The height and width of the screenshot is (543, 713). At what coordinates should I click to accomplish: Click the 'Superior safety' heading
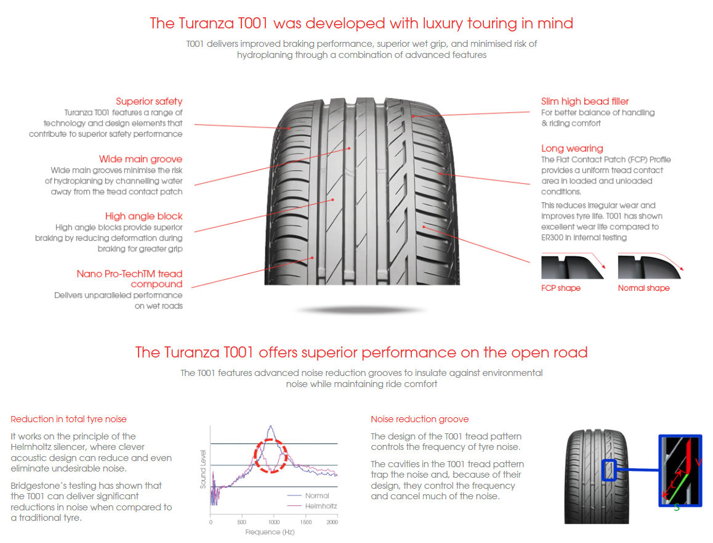pyautogui.click(x=149, y=102)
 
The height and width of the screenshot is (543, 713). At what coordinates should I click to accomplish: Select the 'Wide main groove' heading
pyautogui.click(x=140, y=160)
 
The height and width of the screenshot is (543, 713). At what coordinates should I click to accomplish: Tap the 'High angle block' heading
pyautogui.click(x=143, y=216)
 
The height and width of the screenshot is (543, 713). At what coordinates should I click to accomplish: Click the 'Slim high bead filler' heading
pyautogui.click(x=585, y=102)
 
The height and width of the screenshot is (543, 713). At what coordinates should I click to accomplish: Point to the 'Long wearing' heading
pyautogui.click(x=572, y=149)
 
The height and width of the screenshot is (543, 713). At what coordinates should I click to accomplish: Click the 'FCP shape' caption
pyautogui.click(x=560, y=288)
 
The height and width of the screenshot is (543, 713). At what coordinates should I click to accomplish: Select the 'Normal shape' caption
pyautogui.click(x=643, y=288)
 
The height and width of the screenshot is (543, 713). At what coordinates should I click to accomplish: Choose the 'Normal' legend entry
pyautogui.click(x=317, y=496)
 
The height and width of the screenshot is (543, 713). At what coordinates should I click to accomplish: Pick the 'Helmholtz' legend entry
pyautogui.click(x=321, y=506)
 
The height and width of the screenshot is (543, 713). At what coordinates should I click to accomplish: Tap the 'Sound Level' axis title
pyautogui.click(x=203, y=469)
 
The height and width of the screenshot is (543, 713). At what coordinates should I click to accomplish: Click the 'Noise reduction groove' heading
pyautogui.click(x=419, y=419)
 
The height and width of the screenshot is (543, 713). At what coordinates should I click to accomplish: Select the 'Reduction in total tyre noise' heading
pyautogui.click(x=68, y=419)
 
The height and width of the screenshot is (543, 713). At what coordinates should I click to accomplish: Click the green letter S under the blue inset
pyautogui.click(x=676, y=507)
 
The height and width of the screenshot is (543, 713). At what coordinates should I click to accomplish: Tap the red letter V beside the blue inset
pyautogui.click(x=698, y=462)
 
